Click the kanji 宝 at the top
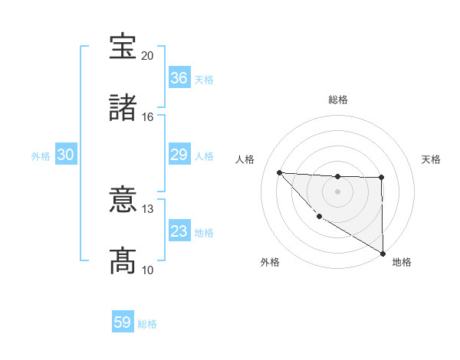[123, 47]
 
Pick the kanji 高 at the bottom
[123, 260]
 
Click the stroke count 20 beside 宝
[147, 56]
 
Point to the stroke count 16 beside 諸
[147, 116]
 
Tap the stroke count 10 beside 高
[147, 270]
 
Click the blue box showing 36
[179, 78]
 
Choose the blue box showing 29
[179, 155]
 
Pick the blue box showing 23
[179, 231]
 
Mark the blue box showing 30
[66, 155]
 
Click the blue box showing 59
[123, 323]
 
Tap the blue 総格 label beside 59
[147, 324]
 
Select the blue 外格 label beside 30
[41, 156]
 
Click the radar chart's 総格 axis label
[337, 100]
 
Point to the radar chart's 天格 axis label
[432, 159]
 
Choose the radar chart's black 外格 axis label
[269, 262]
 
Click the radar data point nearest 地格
[383, 253]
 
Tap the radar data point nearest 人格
[280, 172]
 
